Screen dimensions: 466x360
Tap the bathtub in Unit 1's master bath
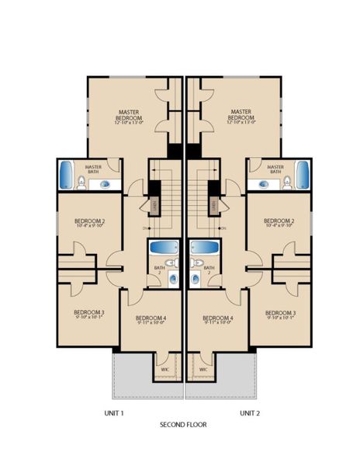[66, 176]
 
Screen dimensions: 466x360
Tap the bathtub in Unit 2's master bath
[302, 176]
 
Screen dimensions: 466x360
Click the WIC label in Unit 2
[202, 370]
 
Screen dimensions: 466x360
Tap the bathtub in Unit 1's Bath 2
[163, 248]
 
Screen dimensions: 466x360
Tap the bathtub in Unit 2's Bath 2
[205, 248]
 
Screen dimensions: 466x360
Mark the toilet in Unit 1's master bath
[81, 183]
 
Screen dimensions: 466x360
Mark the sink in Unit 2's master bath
[265, 184]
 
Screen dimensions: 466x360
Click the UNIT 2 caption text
[250, 412]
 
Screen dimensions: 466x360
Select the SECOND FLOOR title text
[183, 425]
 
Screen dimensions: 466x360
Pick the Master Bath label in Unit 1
[94, 168]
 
